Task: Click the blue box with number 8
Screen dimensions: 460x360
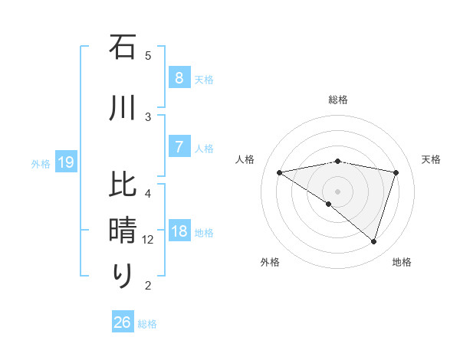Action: coord(179,78)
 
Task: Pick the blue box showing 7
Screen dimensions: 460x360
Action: coord(179,147)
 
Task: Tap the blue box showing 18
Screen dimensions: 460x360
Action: coord(179,232)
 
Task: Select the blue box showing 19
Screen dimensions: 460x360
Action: coord(66,162)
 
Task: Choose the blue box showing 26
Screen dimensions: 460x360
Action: coord(123,322)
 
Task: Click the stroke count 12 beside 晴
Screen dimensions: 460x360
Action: coord(148,240)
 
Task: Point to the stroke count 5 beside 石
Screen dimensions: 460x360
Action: coord(148,55)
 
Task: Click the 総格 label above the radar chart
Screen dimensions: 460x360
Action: coord(338,100)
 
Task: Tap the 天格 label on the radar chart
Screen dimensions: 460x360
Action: coord(431,159)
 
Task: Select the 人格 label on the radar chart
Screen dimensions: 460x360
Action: coord(245,159)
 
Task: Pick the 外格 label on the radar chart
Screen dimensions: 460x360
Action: coord(270,262)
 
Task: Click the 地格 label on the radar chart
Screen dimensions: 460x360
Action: coord(402,262)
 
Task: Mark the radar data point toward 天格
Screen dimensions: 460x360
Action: coord(396,172)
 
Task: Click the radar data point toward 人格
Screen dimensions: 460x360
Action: coord(280,172)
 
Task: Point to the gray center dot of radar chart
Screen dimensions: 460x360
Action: coord(337,191)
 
